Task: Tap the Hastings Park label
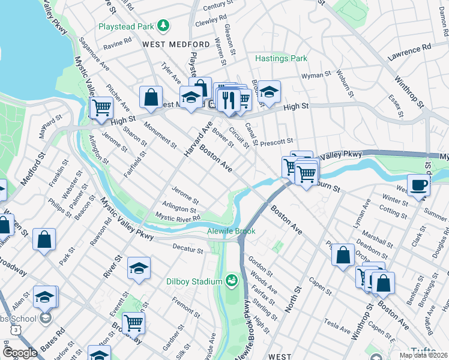(281, 58)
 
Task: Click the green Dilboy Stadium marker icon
(231, 280)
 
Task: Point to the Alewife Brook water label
(231, 231)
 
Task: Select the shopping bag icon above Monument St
(151, 96)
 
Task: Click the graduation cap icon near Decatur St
(139, 268)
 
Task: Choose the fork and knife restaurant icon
(229, 98)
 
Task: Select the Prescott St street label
(277, 142)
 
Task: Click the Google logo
(20, 353)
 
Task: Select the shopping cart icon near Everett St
(133, 323)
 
